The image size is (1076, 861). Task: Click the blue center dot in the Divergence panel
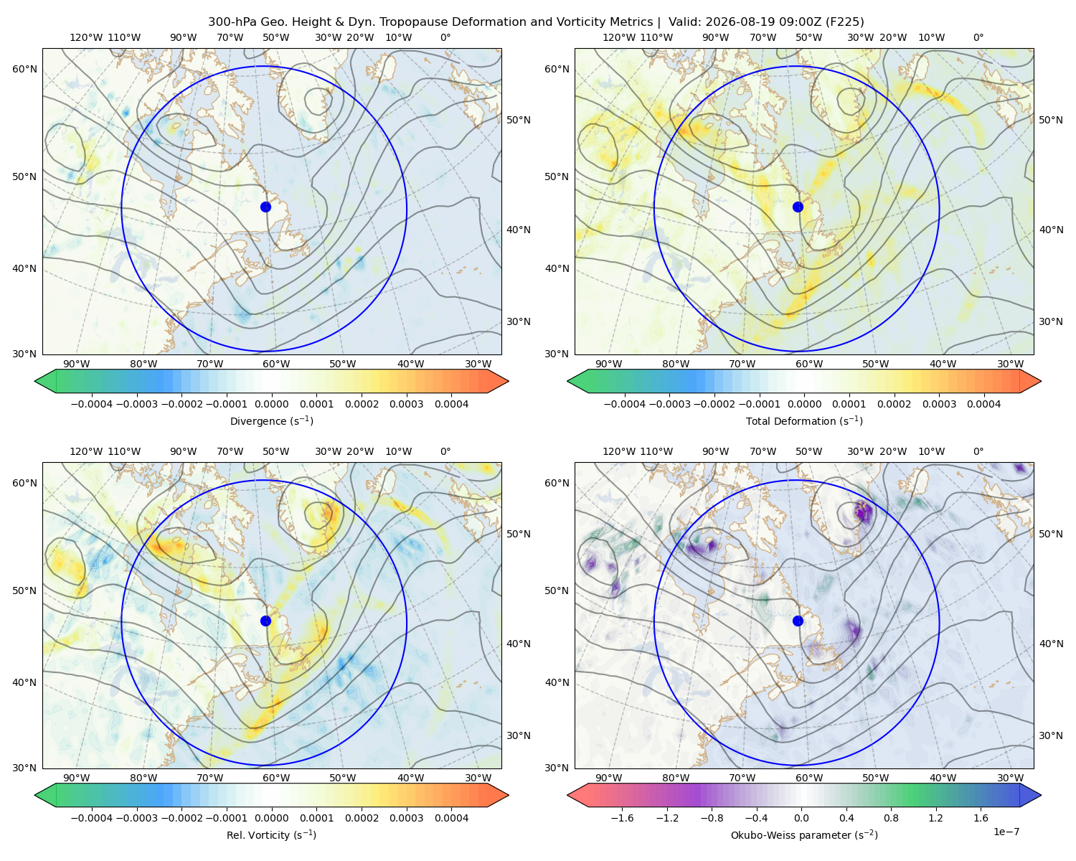pos(265,207)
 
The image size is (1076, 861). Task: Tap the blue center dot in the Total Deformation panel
pos(798,207)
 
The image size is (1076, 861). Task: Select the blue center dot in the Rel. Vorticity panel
pos(265,621)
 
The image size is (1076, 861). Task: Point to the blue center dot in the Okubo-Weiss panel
pos(798,621)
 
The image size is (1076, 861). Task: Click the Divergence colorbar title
pos(271,420)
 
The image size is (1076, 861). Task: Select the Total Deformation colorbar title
pos(804,420)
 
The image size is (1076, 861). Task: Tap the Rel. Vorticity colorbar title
pos(271,834)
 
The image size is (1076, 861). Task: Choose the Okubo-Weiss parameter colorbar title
pos(804,834)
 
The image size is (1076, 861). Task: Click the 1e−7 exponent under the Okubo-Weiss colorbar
pos(1006,832)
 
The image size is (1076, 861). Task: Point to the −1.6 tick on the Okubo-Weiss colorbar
pos(622,817)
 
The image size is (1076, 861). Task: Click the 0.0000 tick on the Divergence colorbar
pos(271,404)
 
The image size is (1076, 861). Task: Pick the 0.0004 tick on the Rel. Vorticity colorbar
pos(451,817)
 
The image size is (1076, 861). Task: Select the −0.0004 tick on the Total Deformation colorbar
pos(625,404)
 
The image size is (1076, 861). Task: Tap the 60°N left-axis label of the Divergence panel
pos(24,69)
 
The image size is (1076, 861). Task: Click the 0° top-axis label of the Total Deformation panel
pos(978,37)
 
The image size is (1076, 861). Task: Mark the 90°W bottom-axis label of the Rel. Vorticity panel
pos(77,778)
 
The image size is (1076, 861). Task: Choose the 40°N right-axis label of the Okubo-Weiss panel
pos(1051,644)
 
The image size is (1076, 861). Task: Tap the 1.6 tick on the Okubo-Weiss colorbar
pos(981,817)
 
